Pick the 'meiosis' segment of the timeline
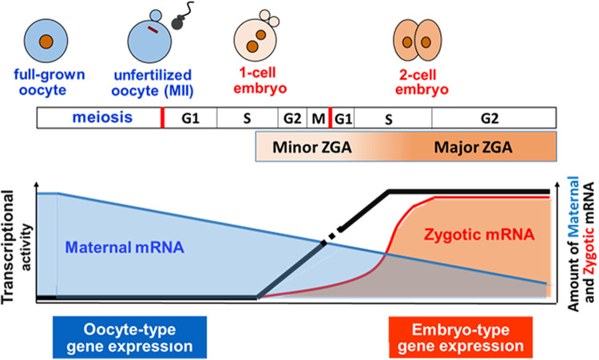point(100,119)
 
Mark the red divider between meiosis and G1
point(162,119)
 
